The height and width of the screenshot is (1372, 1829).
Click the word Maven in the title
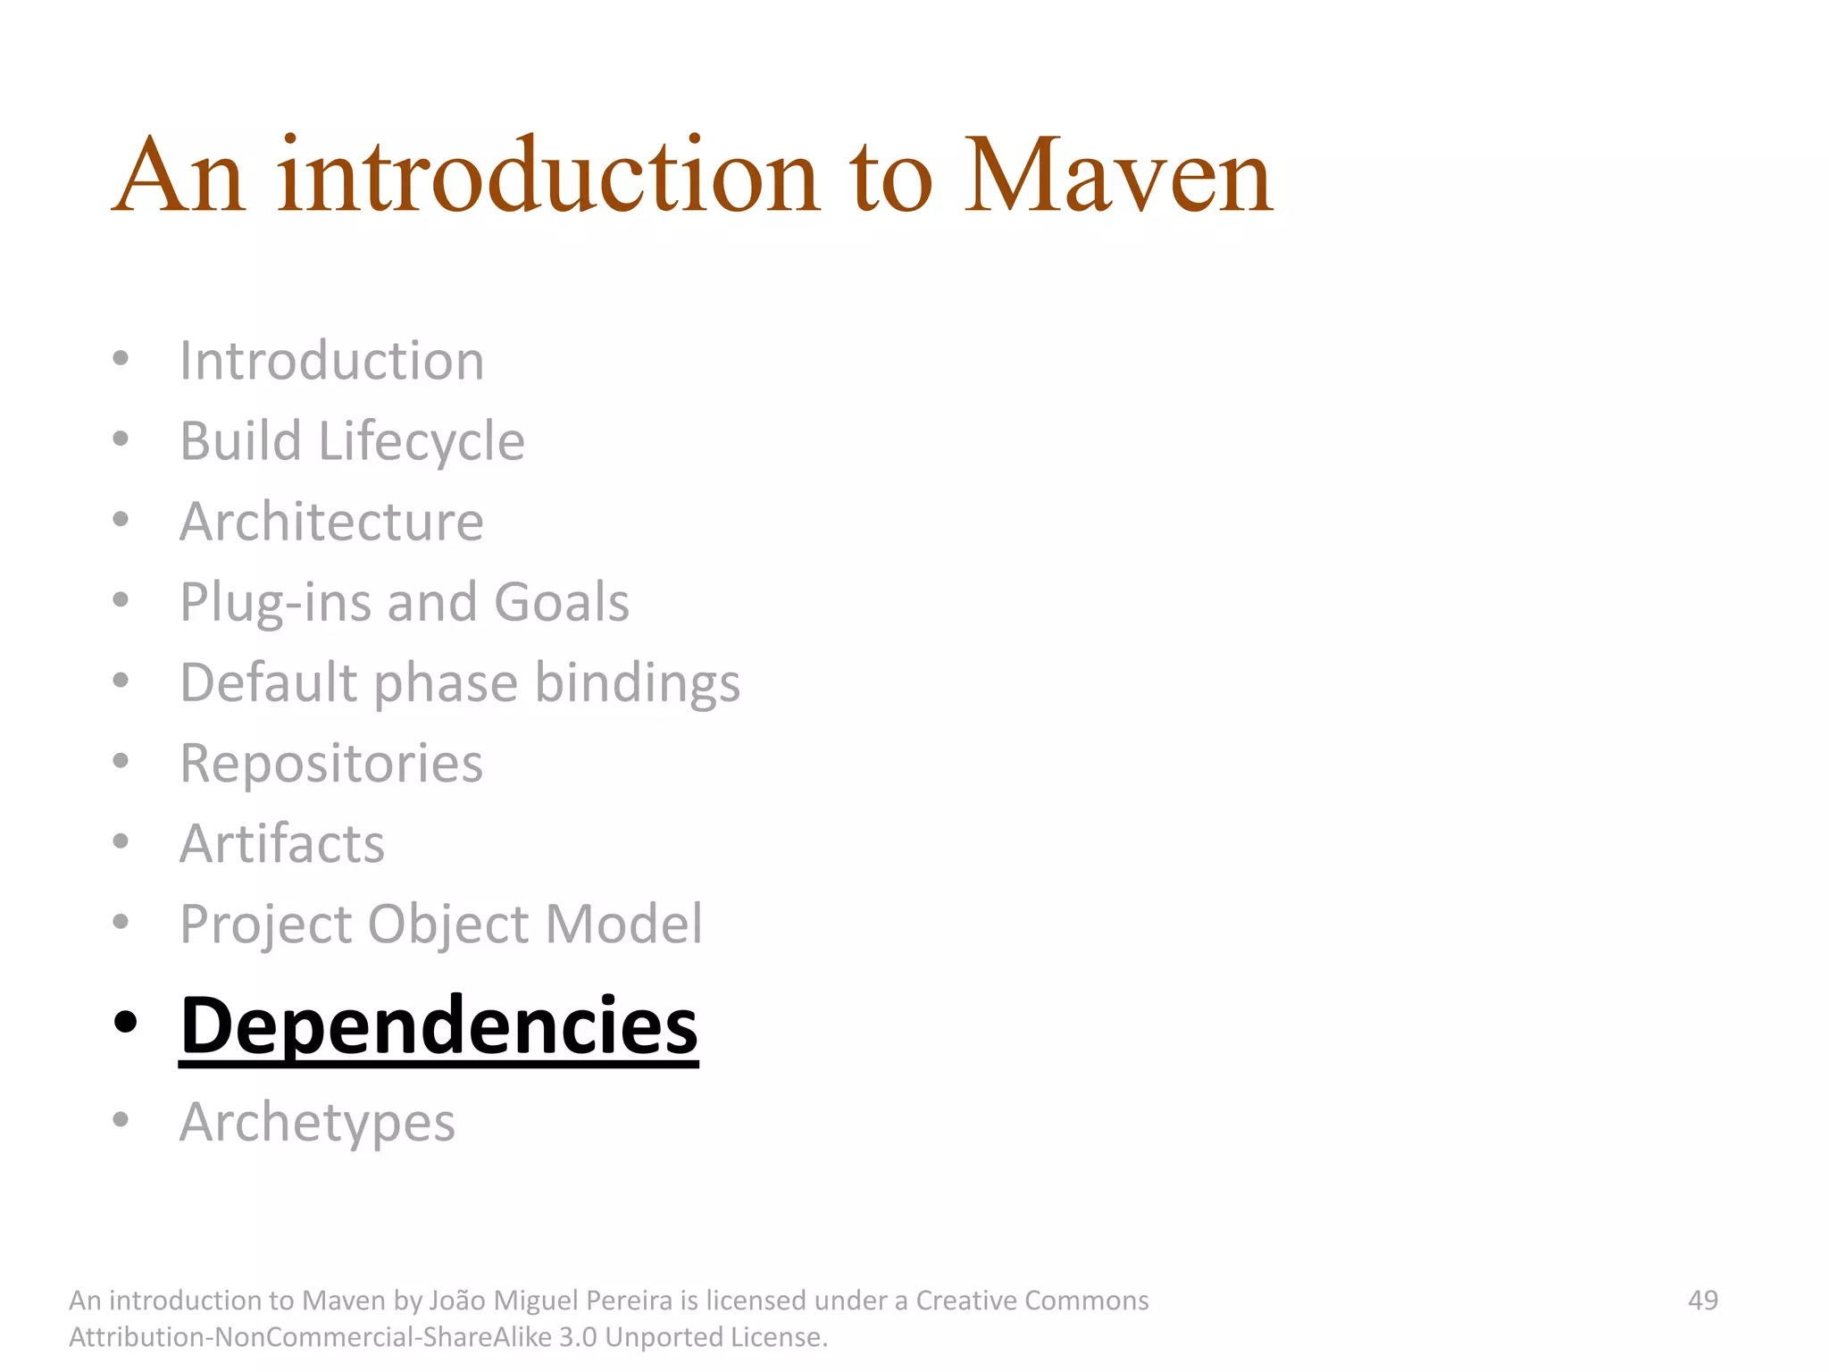pos(1118,176)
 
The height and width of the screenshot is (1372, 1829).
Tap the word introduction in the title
pos(547,176)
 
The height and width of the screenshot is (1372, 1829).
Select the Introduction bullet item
pos(331,361)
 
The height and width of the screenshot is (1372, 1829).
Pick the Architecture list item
pos(331,522)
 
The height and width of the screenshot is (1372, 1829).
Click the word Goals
pos(562,602)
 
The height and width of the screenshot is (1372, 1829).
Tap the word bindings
pos(638,683)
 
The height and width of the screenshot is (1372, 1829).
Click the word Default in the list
pos(268,683)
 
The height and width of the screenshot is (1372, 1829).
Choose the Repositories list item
pos(331,764)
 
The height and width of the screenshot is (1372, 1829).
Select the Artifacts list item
pos(282,844)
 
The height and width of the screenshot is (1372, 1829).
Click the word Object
pos(448,924)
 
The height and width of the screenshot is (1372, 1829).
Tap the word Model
pos(624,924)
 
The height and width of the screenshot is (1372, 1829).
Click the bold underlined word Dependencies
pos(438,1026)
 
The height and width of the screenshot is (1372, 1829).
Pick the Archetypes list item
pos(317,1123)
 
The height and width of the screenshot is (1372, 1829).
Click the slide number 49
pos(1702,1301)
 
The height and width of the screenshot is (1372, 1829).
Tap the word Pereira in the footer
pos(622,1301)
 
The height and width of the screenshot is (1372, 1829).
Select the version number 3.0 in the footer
pos(578,1337)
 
